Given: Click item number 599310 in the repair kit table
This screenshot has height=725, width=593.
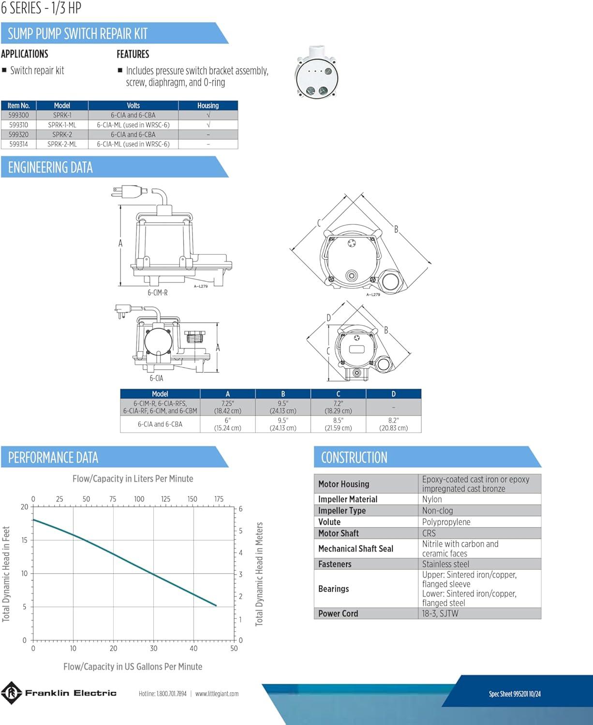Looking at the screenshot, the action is [18, 125].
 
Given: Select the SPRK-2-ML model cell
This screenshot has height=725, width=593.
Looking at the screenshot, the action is [62, 144].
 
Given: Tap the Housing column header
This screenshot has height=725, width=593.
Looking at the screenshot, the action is [208, 105].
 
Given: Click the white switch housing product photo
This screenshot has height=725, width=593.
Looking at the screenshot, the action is [316, 72].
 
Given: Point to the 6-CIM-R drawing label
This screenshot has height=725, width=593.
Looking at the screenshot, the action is [158, 292].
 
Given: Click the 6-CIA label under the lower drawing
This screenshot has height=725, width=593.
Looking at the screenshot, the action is [157, 378].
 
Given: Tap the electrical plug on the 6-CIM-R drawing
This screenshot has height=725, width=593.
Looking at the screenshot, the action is [127, 191].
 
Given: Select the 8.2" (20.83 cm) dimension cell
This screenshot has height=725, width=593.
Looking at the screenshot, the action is [394, 424].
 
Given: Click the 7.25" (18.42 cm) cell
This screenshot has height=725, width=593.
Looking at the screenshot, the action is [228, 407].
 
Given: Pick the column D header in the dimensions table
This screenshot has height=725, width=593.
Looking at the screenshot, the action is [394, 394].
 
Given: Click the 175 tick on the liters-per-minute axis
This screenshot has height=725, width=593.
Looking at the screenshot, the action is [219, 499].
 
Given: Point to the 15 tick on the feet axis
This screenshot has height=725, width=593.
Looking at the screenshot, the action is [24, 540].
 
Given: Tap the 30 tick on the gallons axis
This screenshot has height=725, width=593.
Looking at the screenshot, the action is [153, 648].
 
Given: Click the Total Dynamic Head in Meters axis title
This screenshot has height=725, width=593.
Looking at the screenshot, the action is [259, 574].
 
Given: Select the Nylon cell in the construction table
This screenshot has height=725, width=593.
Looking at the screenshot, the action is [432, 499].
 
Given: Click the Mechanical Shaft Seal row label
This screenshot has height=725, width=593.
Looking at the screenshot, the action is [356, 549].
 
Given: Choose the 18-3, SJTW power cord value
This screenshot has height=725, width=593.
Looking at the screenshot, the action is [440, 613].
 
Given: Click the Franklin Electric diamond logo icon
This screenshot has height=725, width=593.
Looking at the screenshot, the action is [11, 693].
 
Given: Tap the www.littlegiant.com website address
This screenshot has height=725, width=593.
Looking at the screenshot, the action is [217, 694].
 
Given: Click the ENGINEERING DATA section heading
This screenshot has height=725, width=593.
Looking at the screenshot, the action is [50, 167].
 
